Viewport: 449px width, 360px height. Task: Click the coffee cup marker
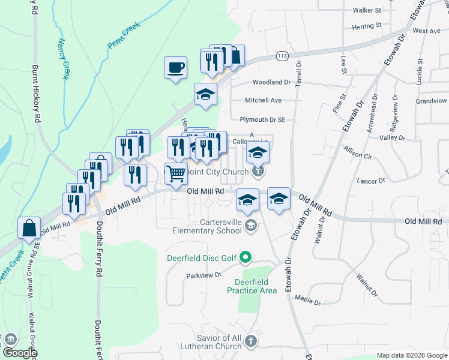(175, 68)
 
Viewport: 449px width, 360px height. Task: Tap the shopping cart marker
(176, 174)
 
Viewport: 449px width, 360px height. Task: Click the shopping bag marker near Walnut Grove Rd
(29, 229)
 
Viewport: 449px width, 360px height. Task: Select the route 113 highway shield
(282, 56)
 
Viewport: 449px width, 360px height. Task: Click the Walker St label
(367, 10)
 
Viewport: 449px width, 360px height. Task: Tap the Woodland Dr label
(271, 82)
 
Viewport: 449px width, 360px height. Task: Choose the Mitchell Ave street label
(263, 100)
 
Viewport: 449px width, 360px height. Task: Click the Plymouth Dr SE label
(262, 120)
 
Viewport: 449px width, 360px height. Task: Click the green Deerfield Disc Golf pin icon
(245, 259)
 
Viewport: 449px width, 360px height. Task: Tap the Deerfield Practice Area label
(252, 286)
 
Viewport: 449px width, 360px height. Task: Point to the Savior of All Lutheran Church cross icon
(251, 341)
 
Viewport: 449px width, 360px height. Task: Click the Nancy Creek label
(63, 59)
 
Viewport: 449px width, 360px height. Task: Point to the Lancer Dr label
(370, 181)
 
